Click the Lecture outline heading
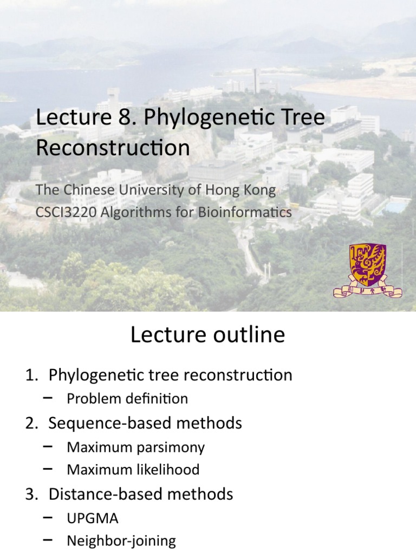tap(207, 335)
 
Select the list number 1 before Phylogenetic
tap(30, 375)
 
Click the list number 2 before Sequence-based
tap(30, 423)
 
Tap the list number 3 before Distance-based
tap(30, 494)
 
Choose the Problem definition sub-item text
tap(127, 399)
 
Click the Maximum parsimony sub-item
tap(135, 447)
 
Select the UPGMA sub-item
tap(93, 518)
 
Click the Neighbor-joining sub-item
tap(121, 540)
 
